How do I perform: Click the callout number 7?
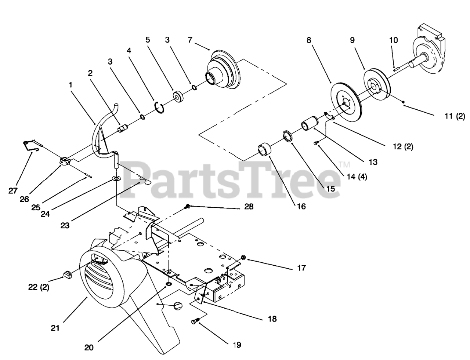189,39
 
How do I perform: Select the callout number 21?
55,328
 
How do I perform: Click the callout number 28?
249,207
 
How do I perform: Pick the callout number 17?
301,268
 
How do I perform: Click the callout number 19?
236,345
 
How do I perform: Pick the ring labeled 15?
289,136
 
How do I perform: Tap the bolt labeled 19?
195,322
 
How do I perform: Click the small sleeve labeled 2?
122,129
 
